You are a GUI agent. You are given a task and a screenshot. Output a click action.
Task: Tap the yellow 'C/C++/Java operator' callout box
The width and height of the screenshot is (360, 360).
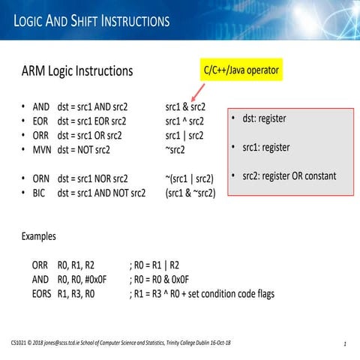click(x=241, y=70)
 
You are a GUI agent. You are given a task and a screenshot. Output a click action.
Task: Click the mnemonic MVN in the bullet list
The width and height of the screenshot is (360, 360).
click(x=42, y=150)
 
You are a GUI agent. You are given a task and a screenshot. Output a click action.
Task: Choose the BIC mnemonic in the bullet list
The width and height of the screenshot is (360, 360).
click(x=40, y=193)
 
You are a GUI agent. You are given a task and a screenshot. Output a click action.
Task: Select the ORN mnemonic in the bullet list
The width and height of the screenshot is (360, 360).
click(x=42, y=178)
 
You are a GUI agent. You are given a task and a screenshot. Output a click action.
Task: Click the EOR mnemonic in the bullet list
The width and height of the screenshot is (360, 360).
click(x=41, y=121)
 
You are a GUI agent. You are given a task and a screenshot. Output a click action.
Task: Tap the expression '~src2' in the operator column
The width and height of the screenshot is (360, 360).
click(x=175, y=150)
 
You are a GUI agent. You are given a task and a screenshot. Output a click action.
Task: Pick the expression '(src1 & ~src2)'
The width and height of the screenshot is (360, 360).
click(x=190, y=193)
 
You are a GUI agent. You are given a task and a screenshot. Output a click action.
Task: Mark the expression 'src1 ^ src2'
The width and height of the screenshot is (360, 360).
click(x=186, y=121)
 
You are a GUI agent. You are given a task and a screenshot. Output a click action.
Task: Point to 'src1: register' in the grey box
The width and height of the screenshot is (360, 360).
click(x=265, y=147)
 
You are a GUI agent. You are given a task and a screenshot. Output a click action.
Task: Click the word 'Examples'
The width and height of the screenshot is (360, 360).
click(x=38, y=236)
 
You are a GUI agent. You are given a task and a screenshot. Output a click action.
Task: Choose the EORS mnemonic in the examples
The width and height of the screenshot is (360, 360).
click(x=42, y=293)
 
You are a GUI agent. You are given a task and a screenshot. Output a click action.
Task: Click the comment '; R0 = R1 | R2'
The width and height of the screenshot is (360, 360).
click(x=154, y=265)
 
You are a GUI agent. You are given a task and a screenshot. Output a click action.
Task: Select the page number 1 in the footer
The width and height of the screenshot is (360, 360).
click(x=343, y=343)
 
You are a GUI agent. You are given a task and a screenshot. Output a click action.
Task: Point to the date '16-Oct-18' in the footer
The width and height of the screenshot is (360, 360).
click(x=215, y=343)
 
